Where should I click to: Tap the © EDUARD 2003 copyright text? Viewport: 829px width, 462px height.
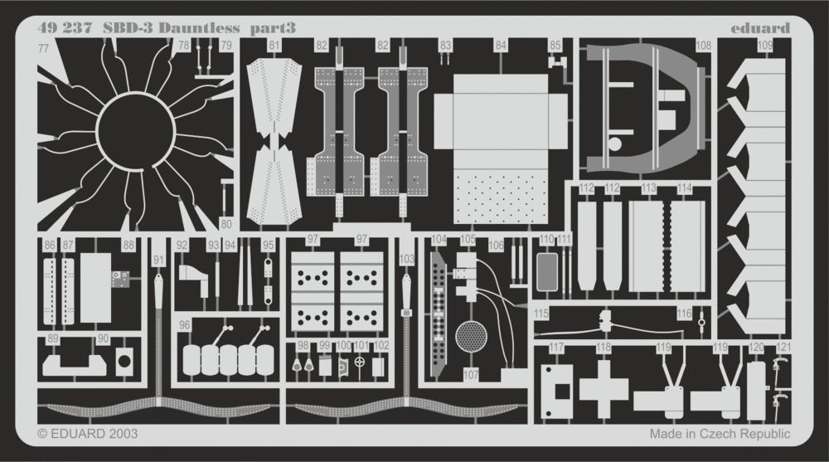(x=88, y=434)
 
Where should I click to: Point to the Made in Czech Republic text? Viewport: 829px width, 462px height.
(x=720, y=434)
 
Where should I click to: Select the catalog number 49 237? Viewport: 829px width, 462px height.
(x=62, y=27)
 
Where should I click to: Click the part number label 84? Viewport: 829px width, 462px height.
(x=501, y=45)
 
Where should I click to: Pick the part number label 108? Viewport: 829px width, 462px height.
(x=704, y=45)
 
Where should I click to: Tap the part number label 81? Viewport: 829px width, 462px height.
(x=274, y=45)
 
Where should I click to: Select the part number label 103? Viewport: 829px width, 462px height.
(x=406, y=260)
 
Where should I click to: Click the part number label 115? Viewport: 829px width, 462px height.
(x=541, y=314)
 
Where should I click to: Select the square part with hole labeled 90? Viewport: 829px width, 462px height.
(x=125, y=360)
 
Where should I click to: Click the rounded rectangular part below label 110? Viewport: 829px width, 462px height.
(x=546, y=270)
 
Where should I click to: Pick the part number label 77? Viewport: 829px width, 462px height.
(x=43, y=49)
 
